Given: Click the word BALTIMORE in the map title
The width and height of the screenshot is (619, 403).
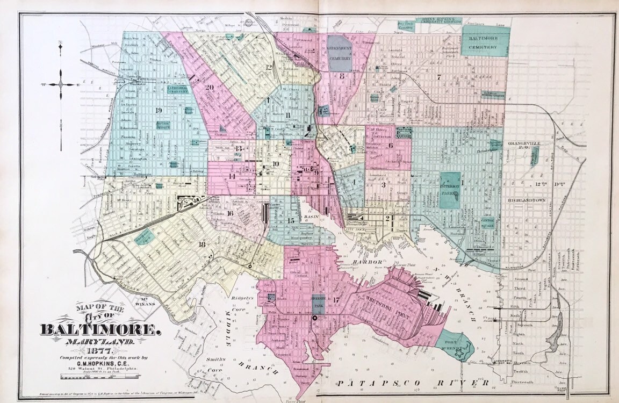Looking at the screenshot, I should [x=100, y=329].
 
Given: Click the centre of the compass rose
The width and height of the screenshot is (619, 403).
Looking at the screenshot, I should [x=61, y=84].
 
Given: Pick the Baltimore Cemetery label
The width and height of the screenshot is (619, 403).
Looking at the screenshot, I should [x=486, y=44].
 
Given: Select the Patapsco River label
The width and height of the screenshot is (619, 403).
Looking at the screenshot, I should [x=413, y=383].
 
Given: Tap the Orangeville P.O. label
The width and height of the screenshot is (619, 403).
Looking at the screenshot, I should [x=526, y=146].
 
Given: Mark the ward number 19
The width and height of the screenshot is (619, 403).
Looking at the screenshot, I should [x=159, y=110].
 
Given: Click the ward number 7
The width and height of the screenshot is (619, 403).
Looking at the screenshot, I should [x=438, y=77].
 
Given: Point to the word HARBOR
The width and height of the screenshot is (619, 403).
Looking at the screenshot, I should [x=366, y=262].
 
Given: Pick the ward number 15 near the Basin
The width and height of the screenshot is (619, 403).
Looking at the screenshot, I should [x=291, y=221].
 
